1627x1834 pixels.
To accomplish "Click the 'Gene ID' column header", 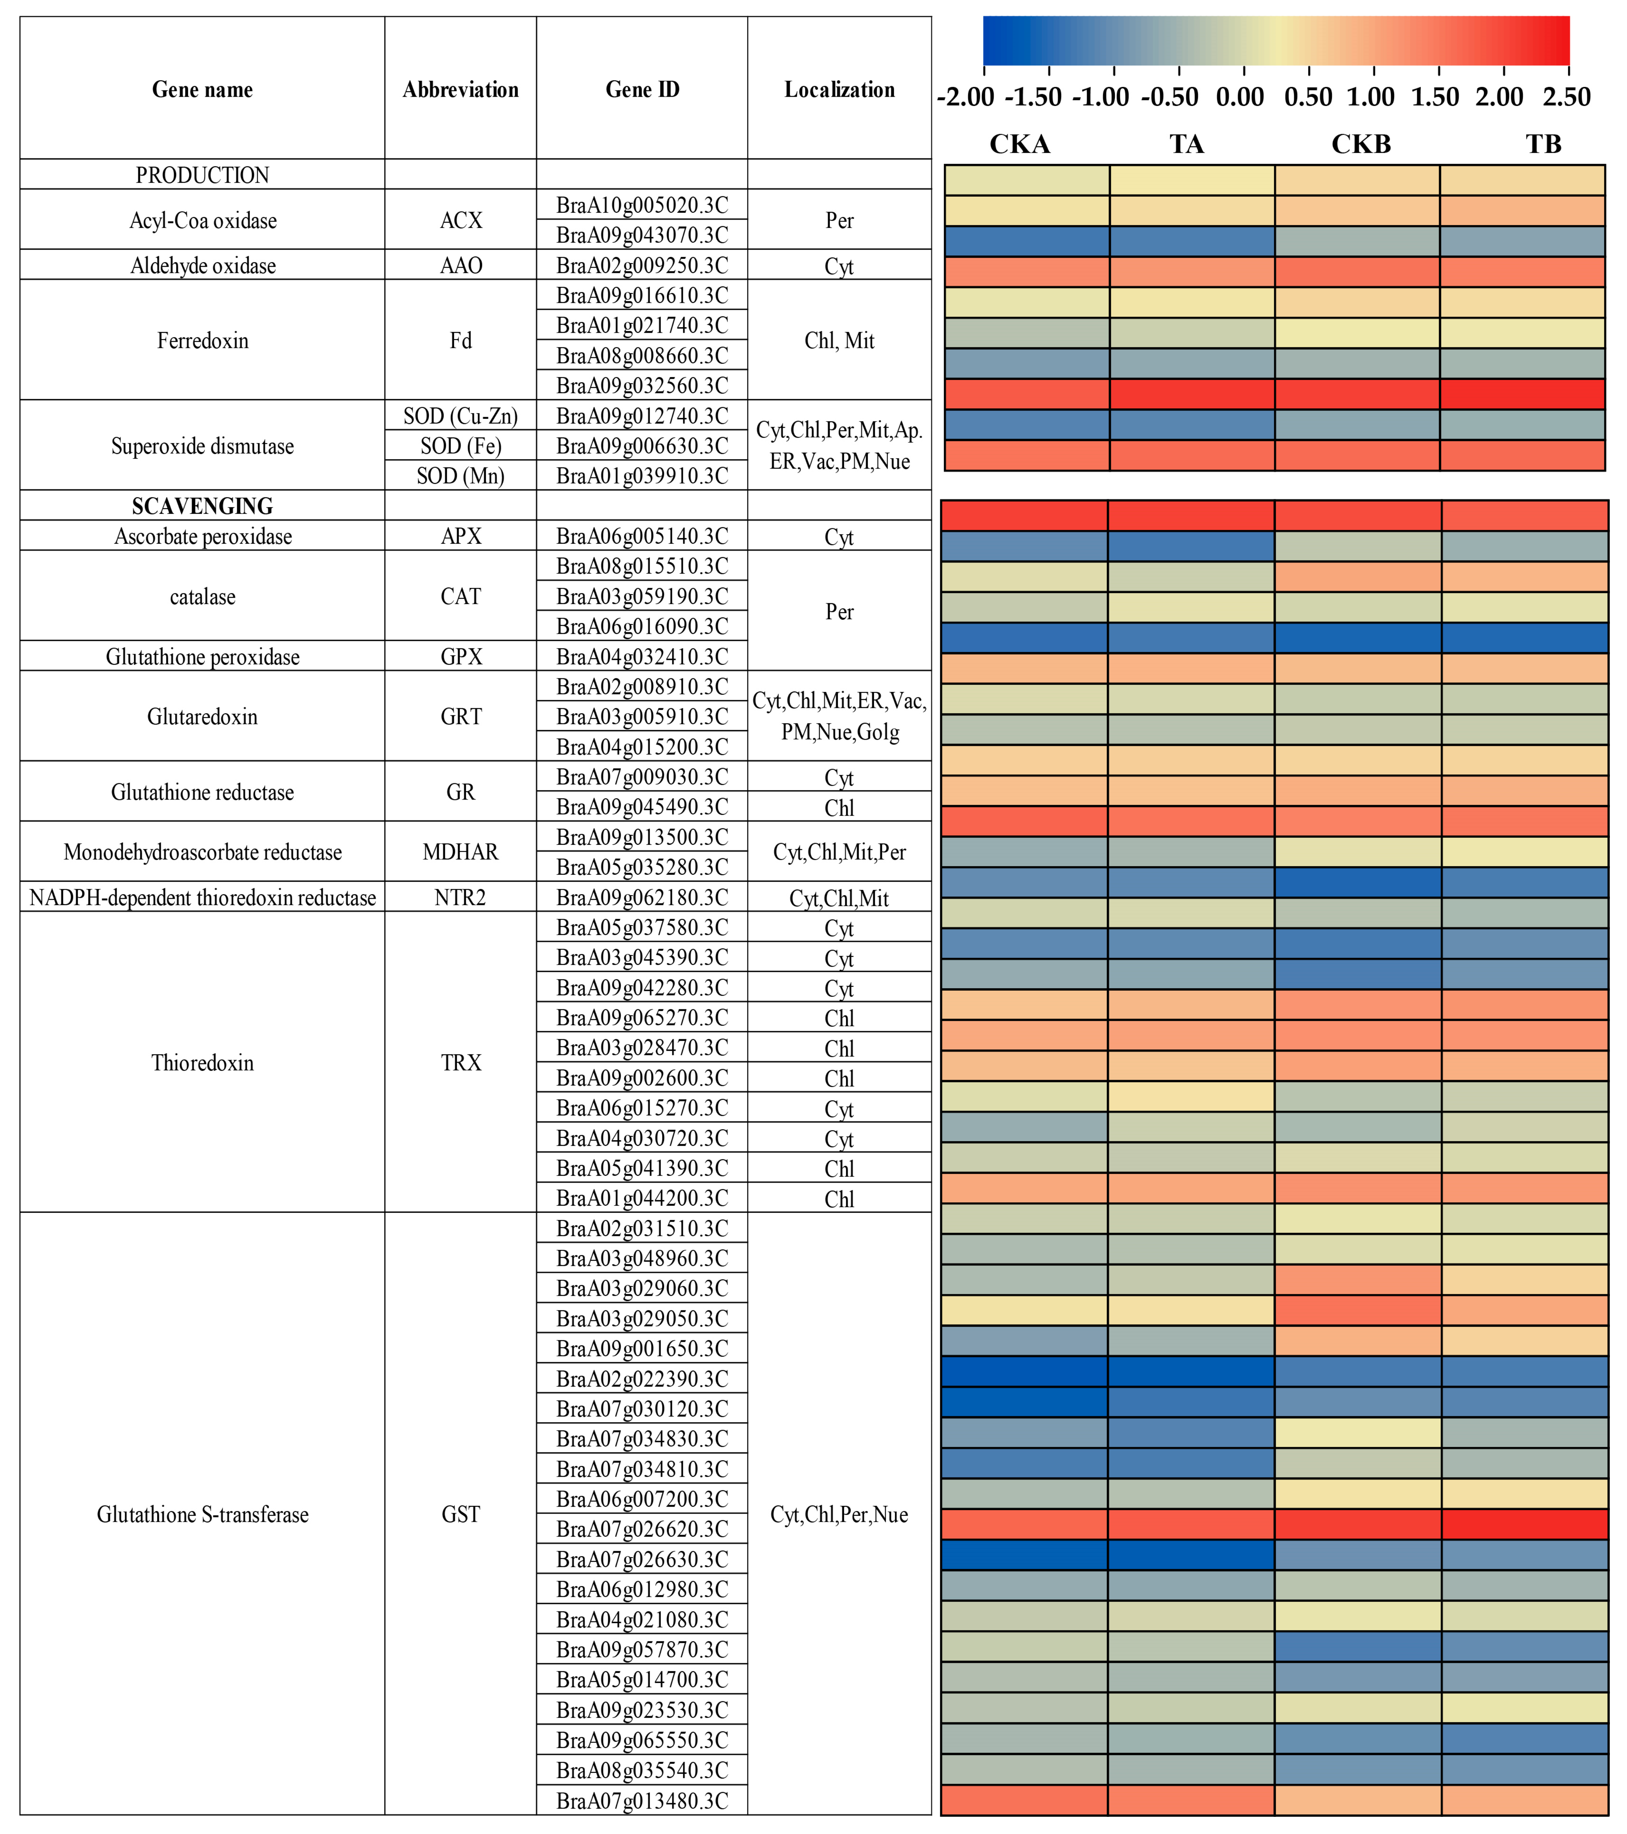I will click(x=642, y=90).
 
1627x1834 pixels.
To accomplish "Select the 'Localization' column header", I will click(x=839, y=90).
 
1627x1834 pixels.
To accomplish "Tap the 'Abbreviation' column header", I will click(x=460, y=90).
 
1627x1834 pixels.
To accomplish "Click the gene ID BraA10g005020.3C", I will click(x=642, y=205).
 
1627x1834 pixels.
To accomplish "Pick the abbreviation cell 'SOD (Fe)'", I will click(x=460, y=446).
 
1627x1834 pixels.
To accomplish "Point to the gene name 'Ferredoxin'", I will click(x=203, y=341).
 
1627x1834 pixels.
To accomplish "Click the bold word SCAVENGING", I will click(x=203, y=506).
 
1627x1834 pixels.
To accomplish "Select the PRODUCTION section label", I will click(x=203, y=175).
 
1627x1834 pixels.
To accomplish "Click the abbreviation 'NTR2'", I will click(x=460, y=897).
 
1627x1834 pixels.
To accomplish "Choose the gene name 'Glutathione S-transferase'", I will click(x=203, y=1515).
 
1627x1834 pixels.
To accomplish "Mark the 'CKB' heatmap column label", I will click(x=1361, y=145).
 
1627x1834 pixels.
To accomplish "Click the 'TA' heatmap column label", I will click(x=1187, y=145).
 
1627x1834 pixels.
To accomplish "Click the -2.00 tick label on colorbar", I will click(x=966, y=97).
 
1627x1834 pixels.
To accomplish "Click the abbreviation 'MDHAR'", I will click(x=460, y=852).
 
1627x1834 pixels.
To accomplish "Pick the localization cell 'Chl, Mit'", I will click(x=839, y=341).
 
